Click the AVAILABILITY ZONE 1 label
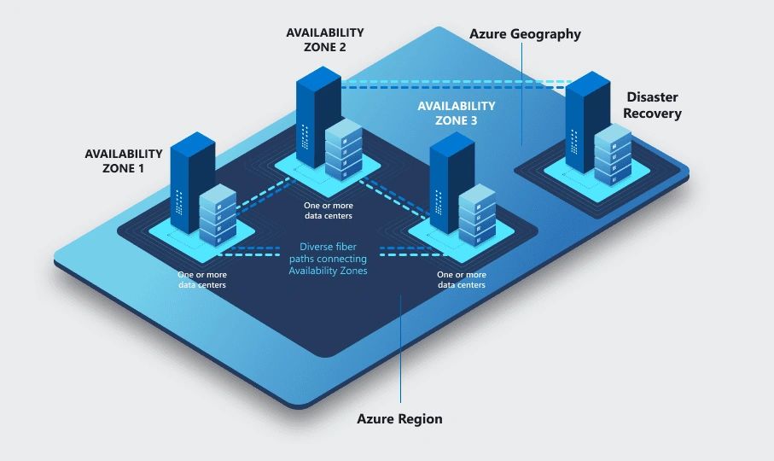124,160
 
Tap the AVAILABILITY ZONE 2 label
325,39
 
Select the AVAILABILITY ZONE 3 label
456,113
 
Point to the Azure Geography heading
525,34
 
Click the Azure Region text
399,419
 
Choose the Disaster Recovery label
652,105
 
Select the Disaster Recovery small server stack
613,154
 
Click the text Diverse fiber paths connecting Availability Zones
327,259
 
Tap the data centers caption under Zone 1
202,280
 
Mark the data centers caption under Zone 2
329,211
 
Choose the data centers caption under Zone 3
462,280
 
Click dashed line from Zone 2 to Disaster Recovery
452,85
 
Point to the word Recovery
652,113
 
